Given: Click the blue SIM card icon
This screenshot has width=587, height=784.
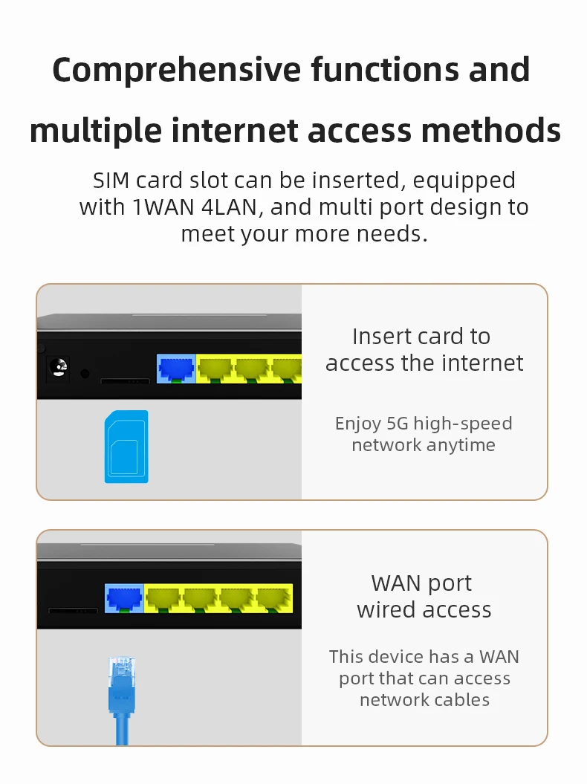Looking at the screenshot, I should pos(126,447).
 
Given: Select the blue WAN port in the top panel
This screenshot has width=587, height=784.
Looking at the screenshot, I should pos(175,369).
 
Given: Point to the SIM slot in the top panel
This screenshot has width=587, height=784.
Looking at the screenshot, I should pos(125,381).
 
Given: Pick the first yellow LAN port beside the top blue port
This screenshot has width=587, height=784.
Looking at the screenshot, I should pos(214,369).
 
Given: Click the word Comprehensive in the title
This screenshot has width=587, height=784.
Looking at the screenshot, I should pos(172,71).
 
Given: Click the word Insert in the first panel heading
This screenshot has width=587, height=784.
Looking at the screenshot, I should pos(380,336).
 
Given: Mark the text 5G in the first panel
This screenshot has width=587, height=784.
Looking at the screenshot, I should pos(395,424).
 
